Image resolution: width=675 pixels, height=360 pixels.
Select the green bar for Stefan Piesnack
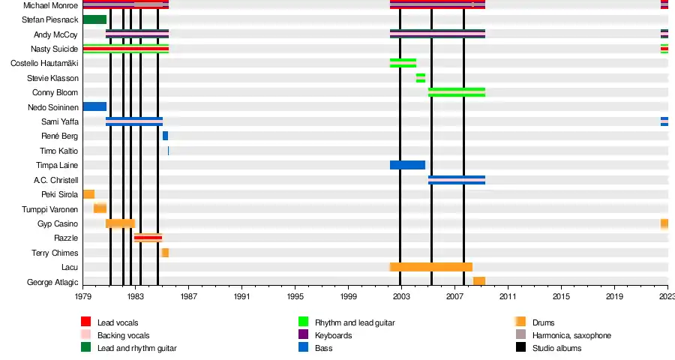click(94, 19)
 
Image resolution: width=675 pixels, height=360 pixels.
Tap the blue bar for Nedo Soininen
click(94, 106)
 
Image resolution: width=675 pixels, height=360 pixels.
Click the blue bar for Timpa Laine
click(407, 165)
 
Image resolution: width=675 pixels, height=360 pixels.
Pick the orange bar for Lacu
click(431, 267)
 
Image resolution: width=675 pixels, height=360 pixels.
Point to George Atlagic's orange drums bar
click(478, 281)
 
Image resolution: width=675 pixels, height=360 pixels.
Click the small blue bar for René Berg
click(165, 136)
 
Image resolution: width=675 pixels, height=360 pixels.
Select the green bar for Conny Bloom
click(456, 92)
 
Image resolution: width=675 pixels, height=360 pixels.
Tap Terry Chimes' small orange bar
click(165, 253)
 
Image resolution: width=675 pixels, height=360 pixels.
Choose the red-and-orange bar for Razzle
click(148, 238)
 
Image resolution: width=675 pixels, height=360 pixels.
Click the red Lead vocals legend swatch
click(85, 322)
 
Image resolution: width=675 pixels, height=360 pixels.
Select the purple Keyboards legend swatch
click(303, 335)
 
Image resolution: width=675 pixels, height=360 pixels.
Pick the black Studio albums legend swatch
click(520, 348)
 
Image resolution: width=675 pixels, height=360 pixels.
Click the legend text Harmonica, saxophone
click(571, 335)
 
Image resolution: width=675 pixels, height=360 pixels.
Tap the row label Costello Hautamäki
click(44, 64)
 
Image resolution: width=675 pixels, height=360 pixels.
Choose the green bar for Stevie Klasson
click(421, 78)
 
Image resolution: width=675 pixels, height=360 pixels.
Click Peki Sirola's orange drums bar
click(88, 194)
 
